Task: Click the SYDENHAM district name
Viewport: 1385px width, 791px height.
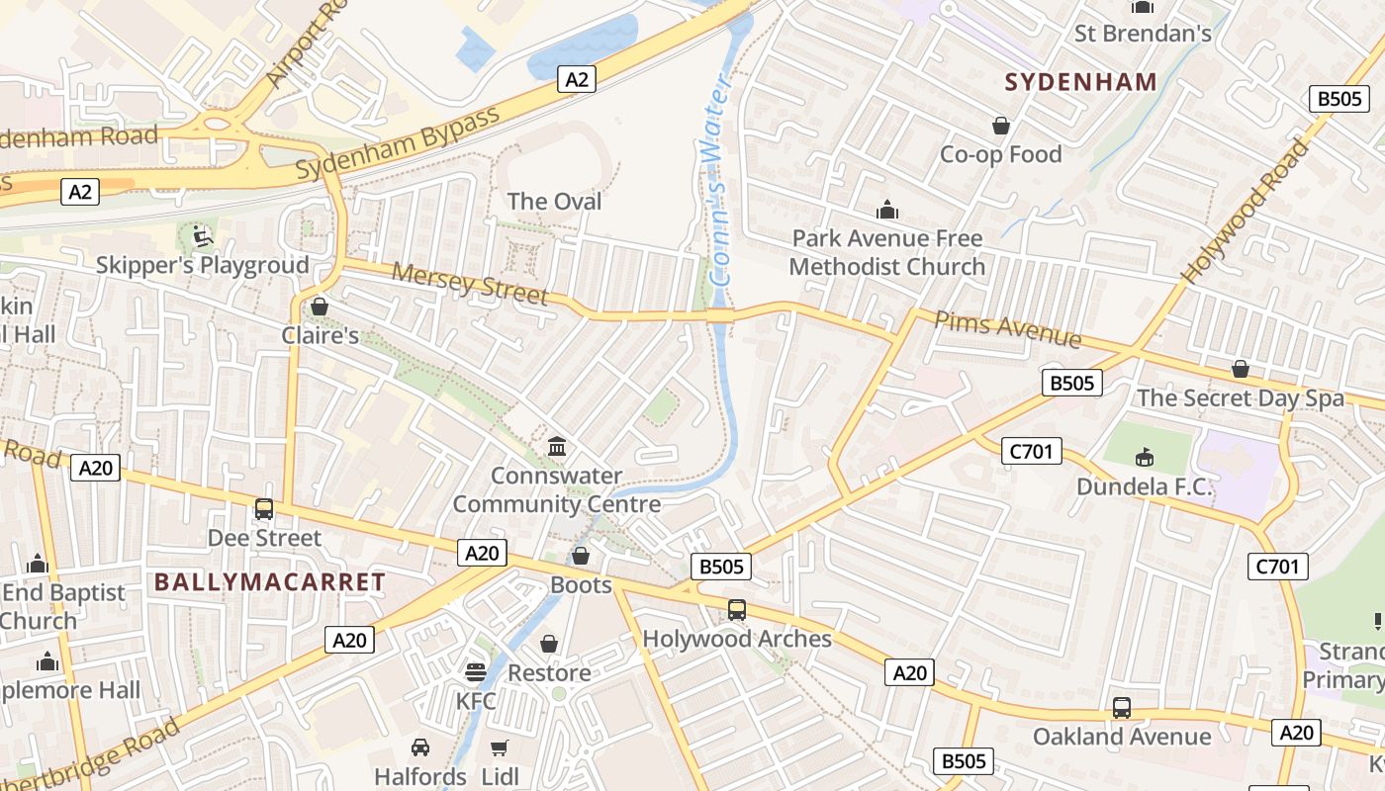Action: pos(1080,82)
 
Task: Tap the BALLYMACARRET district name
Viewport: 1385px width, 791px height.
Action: pos(269,581)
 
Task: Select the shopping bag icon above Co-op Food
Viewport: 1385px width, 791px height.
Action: pos(1001,126)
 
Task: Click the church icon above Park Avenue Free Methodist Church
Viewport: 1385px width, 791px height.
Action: pos(887,210)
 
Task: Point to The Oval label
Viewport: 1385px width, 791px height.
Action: pos(554,202)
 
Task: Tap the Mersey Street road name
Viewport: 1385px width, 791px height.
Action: pos(470,283)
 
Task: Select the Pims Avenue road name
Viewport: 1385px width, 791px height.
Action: pos(1007,328)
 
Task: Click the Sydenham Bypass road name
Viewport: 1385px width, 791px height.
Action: pos(398,144)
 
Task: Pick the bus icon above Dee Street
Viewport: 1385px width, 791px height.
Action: pos(264,509)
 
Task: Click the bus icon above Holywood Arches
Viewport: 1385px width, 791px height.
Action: pos(737,610)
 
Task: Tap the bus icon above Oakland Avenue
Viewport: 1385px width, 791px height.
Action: pos(1121,708)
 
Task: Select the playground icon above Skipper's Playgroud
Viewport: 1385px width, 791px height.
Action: pos(202,236)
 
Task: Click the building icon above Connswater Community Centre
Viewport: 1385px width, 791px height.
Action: pos(556,447)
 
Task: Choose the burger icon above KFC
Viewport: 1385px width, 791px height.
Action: pos(476,672)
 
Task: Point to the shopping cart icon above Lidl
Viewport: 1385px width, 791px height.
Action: pos(500,747)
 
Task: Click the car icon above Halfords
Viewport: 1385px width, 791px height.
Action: pos(420,747)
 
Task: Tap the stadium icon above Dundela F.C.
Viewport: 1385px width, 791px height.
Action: pos(1144,457)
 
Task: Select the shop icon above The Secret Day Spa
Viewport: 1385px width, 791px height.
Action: pos(1240,369)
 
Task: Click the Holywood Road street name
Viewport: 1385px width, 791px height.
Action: pos(1247,212)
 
